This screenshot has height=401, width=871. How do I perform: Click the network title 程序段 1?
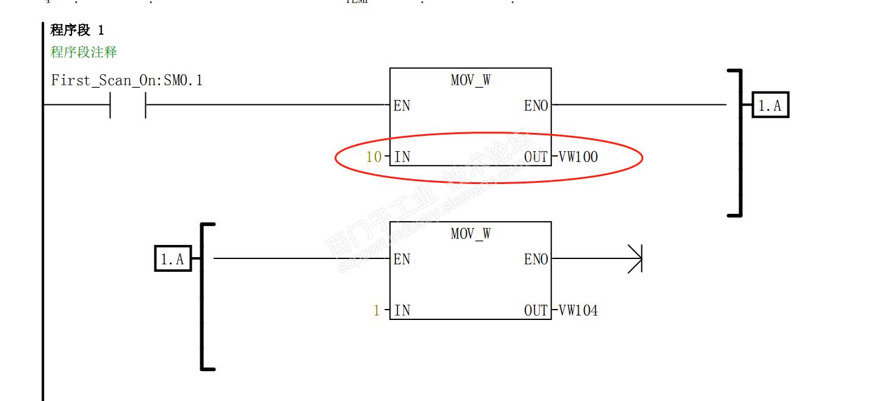[77, 31]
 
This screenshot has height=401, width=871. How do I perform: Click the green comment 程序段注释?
[84, 52]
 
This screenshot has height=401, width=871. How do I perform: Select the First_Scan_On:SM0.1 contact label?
[126, 80]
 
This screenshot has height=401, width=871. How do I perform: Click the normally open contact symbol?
[128, 105]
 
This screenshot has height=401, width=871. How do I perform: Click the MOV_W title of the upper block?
[470, 80]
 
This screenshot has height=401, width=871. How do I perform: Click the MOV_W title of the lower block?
[470, 233]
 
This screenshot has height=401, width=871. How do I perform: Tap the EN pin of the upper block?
[402, 106]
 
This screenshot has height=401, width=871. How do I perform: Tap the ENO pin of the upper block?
[536, 106]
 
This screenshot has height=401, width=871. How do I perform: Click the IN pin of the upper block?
[402, 157]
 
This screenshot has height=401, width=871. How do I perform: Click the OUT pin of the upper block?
[536, 157]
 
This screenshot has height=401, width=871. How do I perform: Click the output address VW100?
[577, 157]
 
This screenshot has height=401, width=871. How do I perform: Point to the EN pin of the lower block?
[402, 260]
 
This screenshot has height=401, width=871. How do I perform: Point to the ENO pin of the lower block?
[536, 260]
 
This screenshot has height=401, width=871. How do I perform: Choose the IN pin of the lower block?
[402, 311]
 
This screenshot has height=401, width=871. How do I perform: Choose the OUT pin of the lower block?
[536, 311]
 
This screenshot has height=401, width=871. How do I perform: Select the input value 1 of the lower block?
[377, 311]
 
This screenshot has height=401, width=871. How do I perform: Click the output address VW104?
[577, 311]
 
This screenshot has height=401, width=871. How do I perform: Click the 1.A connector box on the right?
[770, 106]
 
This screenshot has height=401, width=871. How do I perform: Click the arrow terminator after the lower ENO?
[635, 260]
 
